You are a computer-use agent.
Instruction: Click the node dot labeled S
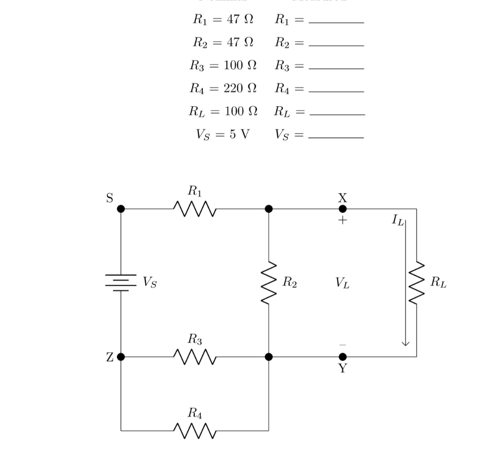tap(121, 209)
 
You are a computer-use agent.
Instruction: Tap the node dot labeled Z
tap(121, 357)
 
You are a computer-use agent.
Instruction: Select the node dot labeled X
tap(342, 209)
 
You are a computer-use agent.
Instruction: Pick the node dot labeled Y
tap(342, 357)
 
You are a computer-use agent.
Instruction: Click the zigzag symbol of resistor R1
tap(195, 208)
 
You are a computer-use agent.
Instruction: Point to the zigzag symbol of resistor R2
tap(269, 283)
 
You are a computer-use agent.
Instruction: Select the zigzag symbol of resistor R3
tap(195, 357)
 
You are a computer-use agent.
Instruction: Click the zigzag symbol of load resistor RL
tap(416, 283)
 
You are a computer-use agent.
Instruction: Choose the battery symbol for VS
tap(121, 283)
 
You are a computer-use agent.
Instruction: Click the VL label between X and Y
tap(342, 283)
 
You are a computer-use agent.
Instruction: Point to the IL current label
tap(398, 220)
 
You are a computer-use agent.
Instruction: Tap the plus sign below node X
tap(342, 221)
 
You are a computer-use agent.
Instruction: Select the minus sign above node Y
tap(342, 344)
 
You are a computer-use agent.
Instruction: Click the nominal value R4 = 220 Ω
tap(223, 88)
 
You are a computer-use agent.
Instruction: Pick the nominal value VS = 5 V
tap(223, 134)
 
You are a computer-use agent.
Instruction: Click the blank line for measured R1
tap(337, 22)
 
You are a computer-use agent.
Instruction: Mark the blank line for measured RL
tap(337, 114)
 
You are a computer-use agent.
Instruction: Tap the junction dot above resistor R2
tap(269, 209)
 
